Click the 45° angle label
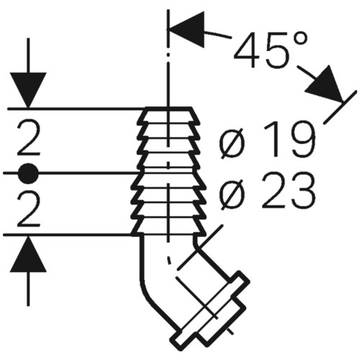[x=271, y=50]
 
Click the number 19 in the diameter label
[x=289, y=139]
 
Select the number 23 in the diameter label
[x=288, y=190]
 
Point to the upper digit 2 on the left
[x=29, y=139]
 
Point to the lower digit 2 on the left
[x=29, y=210]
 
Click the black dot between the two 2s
[x=29, y=174]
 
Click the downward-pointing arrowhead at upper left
[x=29, y=90]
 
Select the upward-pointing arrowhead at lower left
[x=29, y=254]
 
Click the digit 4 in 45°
[x=247, y=50]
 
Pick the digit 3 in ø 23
[x=302, y=190]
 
